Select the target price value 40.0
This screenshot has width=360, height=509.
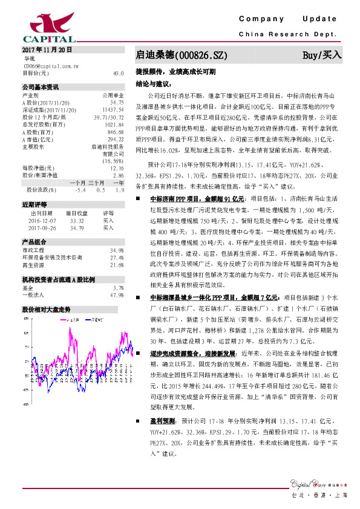click(118, 73)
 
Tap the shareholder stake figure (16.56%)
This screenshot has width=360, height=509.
click(113, 161)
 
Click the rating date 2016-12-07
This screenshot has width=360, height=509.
click(41, 221)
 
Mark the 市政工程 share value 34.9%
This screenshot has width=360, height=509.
click(117, 250)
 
